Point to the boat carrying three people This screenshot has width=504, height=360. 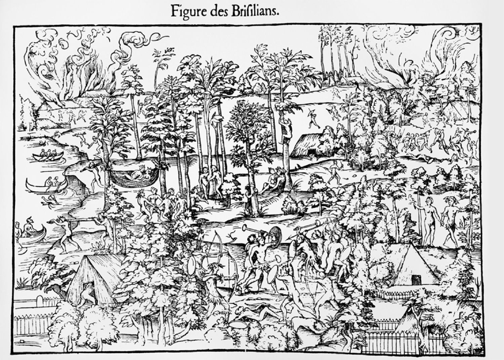(48, 155)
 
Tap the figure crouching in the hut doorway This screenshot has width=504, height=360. (87, 295)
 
